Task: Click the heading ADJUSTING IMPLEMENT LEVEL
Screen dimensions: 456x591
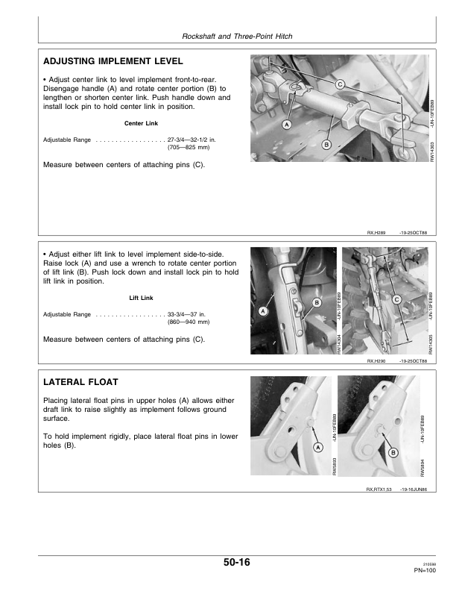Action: [113, 61]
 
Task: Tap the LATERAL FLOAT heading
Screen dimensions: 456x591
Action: [80, 382]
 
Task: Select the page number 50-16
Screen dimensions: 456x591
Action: [237, 563]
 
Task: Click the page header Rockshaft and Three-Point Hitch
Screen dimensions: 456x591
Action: [237, 36]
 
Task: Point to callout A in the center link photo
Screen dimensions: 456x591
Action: [287, 125]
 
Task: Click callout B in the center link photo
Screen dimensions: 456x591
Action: [326, 144]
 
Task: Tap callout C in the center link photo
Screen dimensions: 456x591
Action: [339, 84]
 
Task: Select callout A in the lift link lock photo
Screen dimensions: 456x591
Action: [262, 311]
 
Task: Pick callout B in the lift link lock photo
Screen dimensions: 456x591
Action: [317, 302]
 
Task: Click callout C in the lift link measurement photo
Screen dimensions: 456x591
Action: [397, 300]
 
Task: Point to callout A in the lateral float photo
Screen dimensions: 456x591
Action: [318, 448]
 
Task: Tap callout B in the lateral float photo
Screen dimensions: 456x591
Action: [393, 453]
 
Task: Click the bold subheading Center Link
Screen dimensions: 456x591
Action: [141, 123]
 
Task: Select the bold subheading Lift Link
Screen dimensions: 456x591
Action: [141, 298]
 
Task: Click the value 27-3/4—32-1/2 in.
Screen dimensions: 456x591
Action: [191, 140]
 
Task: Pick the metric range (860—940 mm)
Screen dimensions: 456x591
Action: [189, 322]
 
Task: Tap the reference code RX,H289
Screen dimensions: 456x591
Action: [376, 233]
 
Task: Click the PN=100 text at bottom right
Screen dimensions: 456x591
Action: [425, 570]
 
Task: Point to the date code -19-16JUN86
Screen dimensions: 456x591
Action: [413, 490]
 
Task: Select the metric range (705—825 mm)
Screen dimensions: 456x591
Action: [189, 147]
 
